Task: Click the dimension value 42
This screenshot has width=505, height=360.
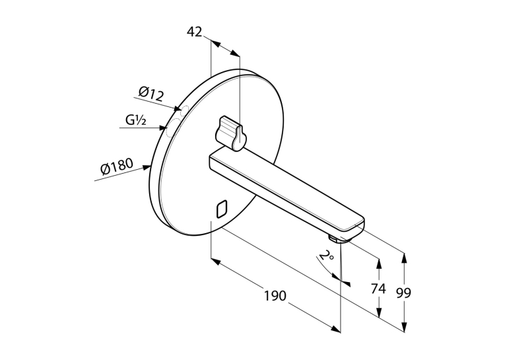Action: (x=195, y=32)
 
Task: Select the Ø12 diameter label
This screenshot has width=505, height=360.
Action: (x=151, y=94)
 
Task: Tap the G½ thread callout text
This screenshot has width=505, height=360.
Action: (x=136, y=120)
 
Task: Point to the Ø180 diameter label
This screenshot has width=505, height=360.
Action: (x=117, y=166)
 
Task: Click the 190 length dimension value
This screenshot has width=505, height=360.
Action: (x=275, y=295)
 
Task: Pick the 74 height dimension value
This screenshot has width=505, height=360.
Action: (x=378, y=289)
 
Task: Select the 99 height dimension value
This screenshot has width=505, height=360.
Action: (x=403, y=293)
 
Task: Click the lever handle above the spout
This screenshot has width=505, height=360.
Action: (x=232, y=133)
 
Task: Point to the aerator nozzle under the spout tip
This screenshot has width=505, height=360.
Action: (x=333, y=238)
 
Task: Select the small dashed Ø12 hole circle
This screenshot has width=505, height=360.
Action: (x=184, y=110)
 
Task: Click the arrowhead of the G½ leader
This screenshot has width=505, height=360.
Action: (x=162, y=128)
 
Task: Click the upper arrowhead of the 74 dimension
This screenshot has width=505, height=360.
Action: (x=379, y=263)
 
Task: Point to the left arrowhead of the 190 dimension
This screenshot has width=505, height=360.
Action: (x=215, y=261)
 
